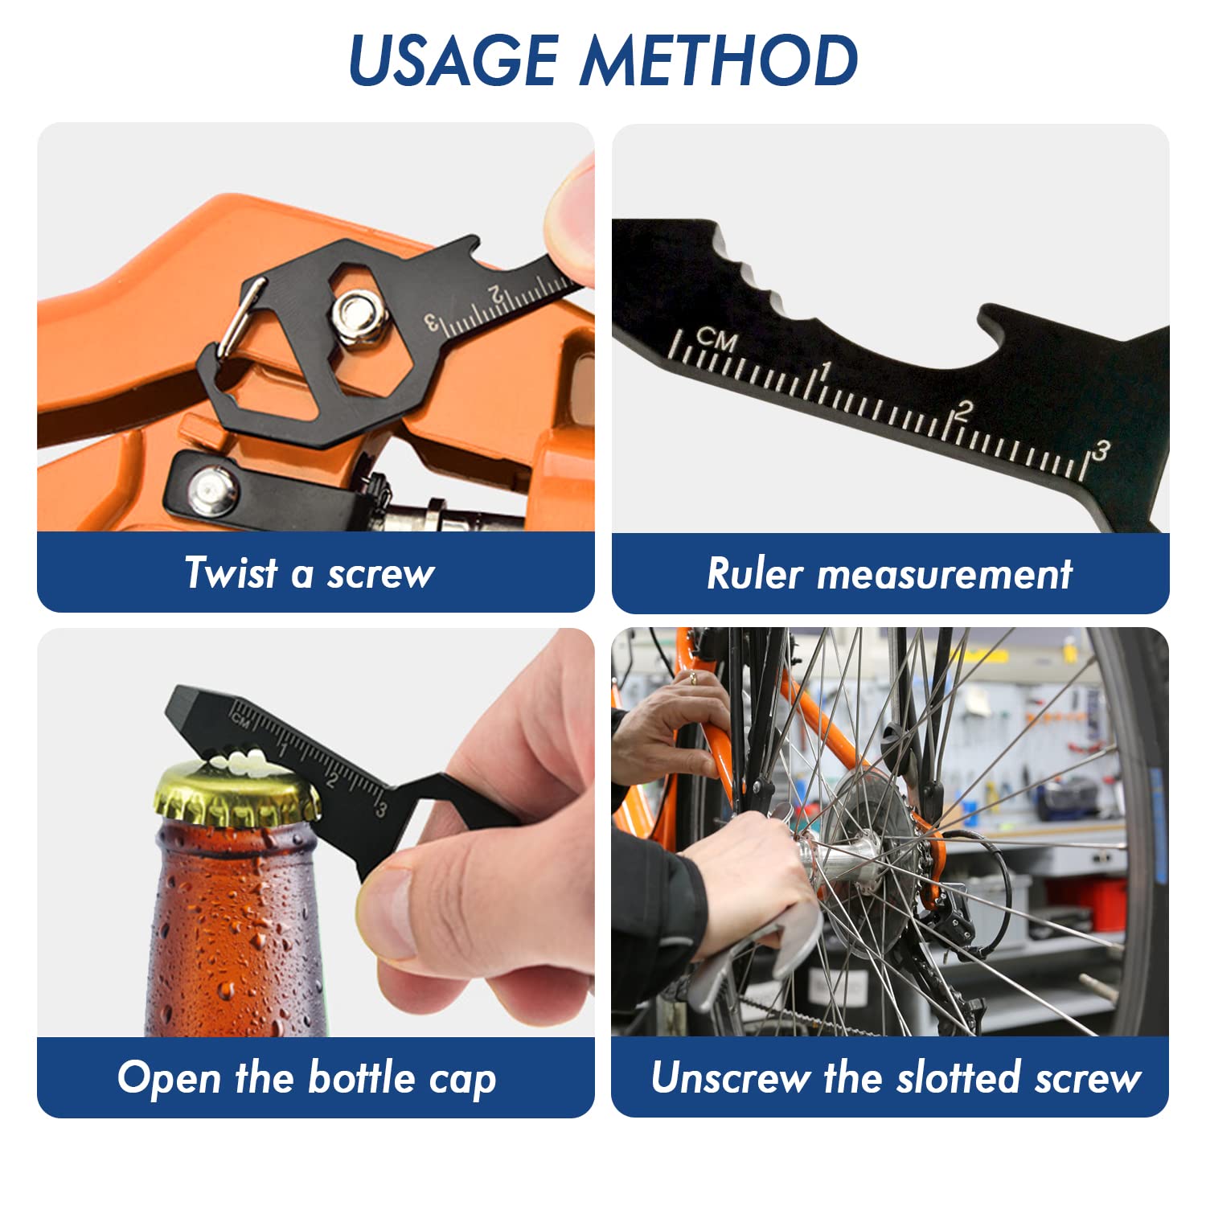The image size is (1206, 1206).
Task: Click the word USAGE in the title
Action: click(x=453, y=61)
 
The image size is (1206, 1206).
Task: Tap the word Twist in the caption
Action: click(x=232, y=572)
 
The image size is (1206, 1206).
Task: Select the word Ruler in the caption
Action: click(x=755, y=573)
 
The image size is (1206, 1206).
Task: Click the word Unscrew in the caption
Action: click(x=730, y=1077)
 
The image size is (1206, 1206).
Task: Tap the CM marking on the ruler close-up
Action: click(x=716, y=339)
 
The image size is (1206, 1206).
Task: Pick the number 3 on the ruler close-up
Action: click(x=1101, y=451)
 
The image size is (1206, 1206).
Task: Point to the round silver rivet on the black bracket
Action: click(x=212, y=489)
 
